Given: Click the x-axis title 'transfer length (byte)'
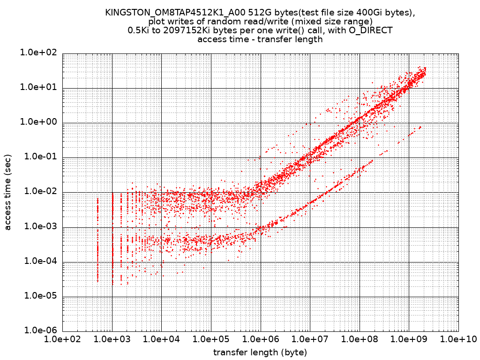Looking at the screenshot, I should [x=260, y=352].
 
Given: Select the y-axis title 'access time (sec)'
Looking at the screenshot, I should [x=8, y=192].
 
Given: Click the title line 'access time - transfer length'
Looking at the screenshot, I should [x=260, y=39].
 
